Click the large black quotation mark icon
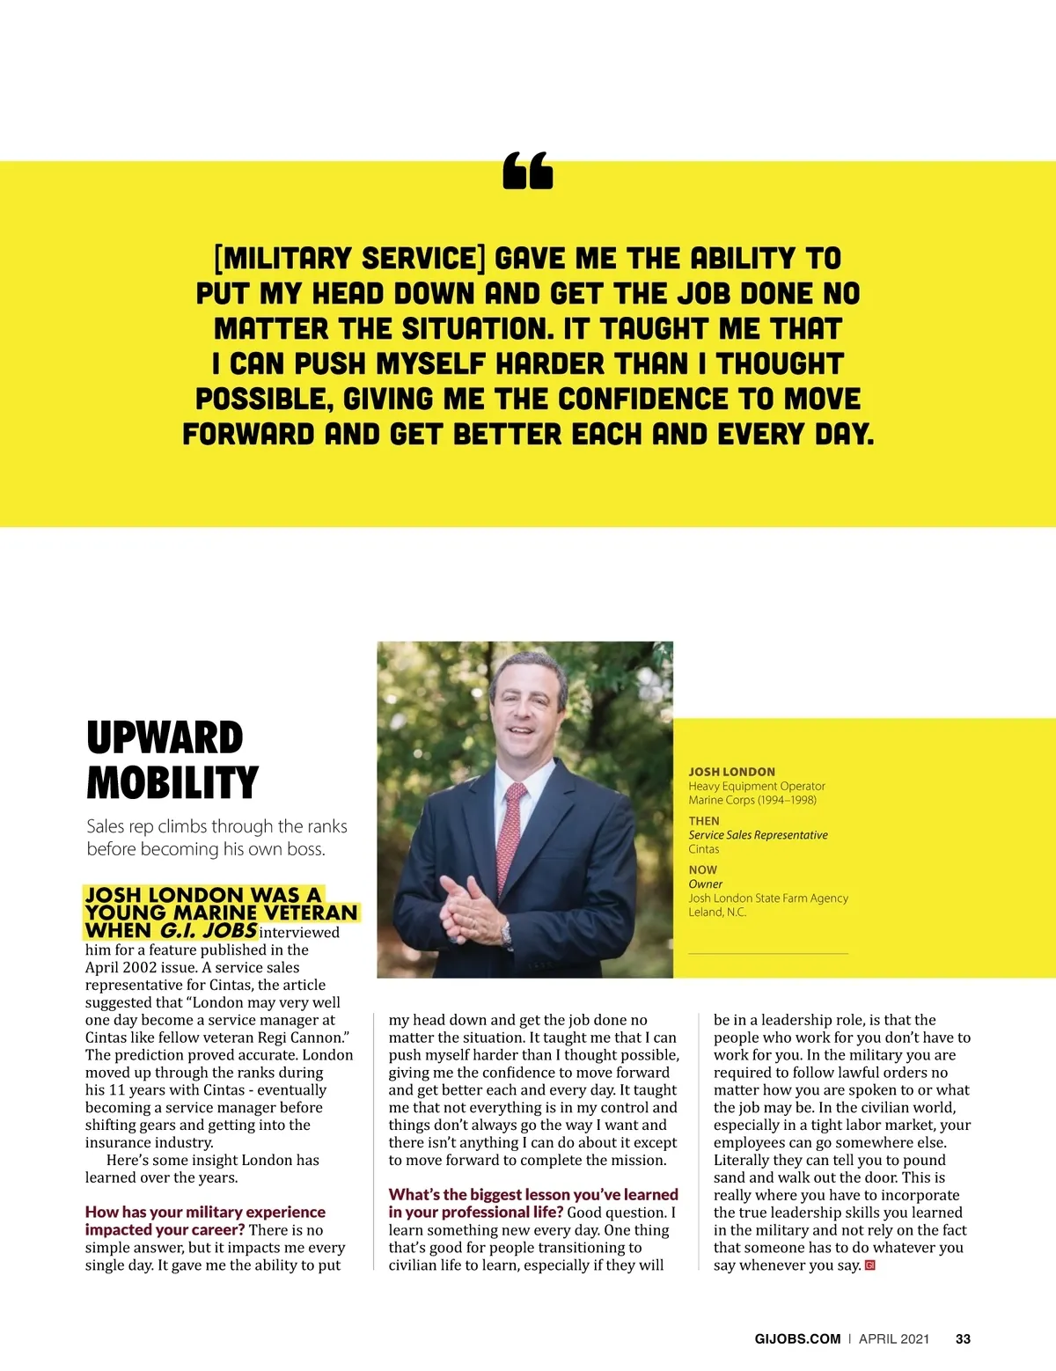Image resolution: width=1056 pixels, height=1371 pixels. tap(528, 171)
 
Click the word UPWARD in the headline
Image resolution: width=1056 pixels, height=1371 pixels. tap(165, 737)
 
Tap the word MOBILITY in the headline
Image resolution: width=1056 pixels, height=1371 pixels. tap(172, 782)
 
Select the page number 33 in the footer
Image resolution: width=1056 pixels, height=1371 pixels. tap(963, 1338)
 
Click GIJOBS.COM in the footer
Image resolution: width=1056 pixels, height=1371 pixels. tap(797, 1338)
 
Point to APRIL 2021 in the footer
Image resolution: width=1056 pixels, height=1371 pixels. tap(893, 1338)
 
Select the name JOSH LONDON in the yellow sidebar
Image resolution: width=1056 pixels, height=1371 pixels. tap(731, 772)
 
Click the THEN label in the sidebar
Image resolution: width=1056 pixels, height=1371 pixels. tap(704, 821)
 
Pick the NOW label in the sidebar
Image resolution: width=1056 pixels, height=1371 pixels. tap(702, 869)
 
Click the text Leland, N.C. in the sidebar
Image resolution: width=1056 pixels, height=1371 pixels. tap(717, 913)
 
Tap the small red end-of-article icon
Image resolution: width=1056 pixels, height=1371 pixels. tap(870, 1265)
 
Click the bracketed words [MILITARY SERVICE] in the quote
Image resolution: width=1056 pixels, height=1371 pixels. tap(349, 259)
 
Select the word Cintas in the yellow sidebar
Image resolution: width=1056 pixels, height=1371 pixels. tap(703, 849)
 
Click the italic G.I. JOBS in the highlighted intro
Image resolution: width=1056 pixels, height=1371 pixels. tap(208, 930)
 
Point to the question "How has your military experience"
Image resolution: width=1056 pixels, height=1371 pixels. tap(205, 1212)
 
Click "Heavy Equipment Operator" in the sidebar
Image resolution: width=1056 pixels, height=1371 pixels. tap(756, 786)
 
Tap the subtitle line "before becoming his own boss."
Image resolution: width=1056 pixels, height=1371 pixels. tap(206, 849)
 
